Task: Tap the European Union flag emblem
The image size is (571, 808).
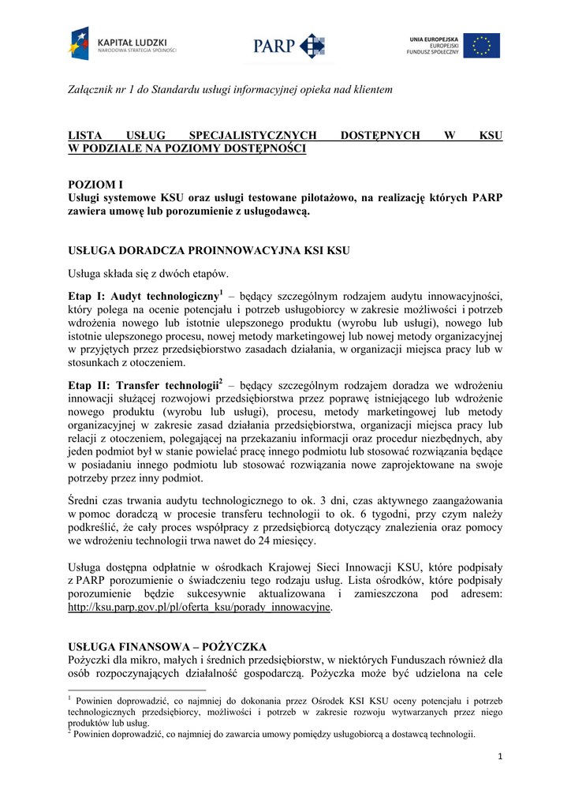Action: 480,45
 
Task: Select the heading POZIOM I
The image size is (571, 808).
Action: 96,184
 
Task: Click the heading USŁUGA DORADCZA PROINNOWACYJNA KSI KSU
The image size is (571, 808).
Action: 209,251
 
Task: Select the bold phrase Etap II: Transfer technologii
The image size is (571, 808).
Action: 143,386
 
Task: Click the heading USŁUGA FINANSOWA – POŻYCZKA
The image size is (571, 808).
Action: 167,646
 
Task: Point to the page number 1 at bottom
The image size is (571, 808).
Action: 500,757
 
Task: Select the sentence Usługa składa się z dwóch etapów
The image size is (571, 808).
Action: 147,274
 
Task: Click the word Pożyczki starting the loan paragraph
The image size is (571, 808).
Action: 91,660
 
